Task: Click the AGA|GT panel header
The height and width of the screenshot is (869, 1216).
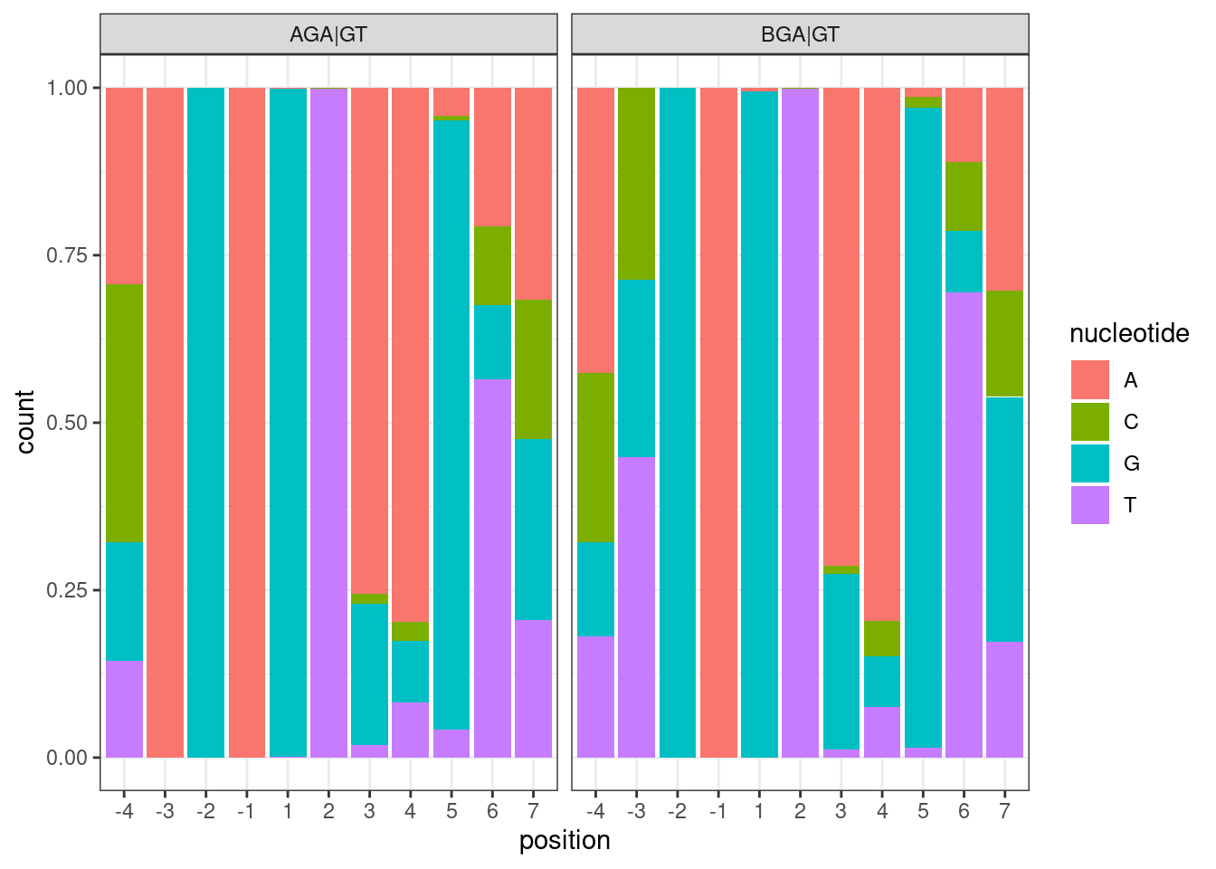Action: point(328,34)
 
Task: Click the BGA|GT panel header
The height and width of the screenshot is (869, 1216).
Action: point(800,34)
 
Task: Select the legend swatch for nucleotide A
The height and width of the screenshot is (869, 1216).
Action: point(1089,380)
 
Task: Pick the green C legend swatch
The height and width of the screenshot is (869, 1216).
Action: point(1089,422)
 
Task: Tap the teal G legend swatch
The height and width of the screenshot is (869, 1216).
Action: point(1089,463)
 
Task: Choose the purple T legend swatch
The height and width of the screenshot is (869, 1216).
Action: point(1089,505)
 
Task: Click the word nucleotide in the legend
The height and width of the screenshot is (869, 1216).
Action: point(1128,334)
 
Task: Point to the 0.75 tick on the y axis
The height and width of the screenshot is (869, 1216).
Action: point(67,255)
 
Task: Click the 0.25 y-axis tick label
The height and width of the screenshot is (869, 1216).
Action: point(67,590)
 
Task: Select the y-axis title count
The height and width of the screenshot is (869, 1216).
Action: point(25,422)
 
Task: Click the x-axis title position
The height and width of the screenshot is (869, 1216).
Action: point(565,841)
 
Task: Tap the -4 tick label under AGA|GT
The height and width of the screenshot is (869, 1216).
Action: point(124,811)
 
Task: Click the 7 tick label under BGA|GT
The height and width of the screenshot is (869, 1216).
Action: point(1004,811)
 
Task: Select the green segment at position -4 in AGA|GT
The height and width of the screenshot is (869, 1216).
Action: point(125,413)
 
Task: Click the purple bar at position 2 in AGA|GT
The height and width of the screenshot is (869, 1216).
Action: point(328,422)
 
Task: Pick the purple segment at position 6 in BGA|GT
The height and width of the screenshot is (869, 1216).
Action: point(964,525)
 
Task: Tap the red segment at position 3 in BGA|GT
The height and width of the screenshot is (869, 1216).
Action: point(841,326)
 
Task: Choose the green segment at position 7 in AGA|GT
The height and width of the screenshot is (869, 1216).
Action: point(533,369)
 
